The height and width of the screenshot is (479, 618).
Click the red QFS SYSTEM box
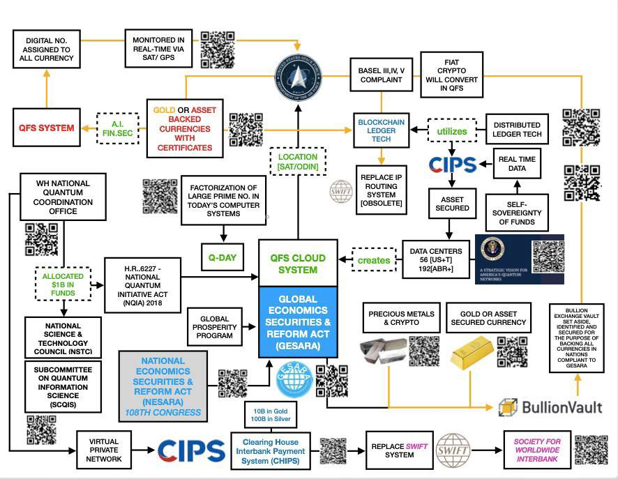(x=45, y=128)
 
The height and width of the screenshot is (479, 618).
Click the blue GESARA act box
(x=298, y=321)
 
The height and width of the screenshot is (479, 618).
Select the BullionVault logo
(x=551, y=407)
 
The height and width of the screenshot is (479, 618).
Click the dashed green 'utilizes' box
(x=452, y=131)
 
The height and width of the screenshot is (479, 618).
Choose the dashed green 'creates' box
(x=374, y=260)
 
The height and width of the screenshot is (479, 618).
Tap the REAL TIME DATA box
(x=517, y=164)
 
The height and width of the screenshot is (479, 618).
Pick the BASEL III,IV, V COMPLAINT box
(x=380, y=75)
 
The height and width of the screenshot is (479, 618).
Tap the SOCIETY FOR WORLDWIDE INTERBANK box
(x=537, y=450)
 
